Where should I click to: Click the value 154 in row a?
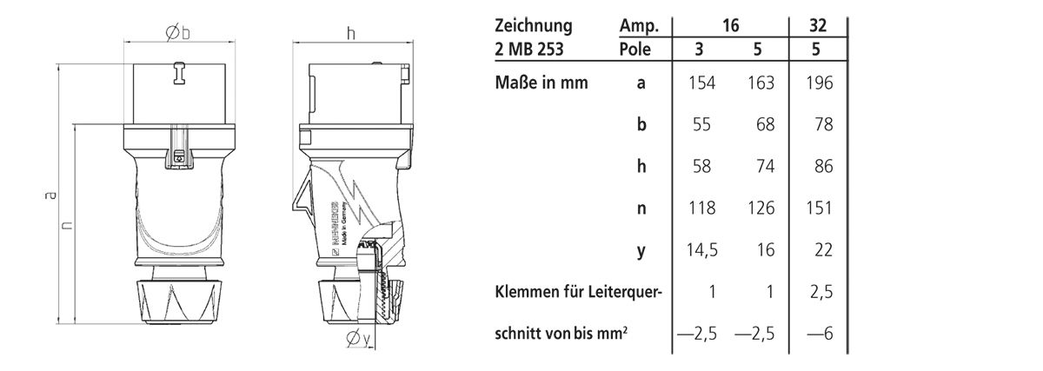coord(699,83)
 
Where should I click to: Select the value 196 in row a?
coord(817,83)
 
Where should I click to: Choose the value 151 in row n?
coord(817,209)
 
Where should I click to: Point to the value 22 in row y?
coord(817,250)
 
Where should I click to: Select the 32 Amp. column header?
coord(817,25)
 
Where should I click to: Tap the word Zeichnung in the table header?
coord(534,25)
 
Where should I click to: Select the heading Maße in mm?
coord(541,83)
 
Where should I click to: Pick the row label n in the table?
coord(641,209)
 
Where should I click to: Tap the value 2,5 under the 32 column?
coord(817,292)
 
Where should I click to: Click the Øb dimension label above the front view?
coord(177,33)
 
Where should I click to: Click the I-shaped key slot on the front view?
coord(179,74)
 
